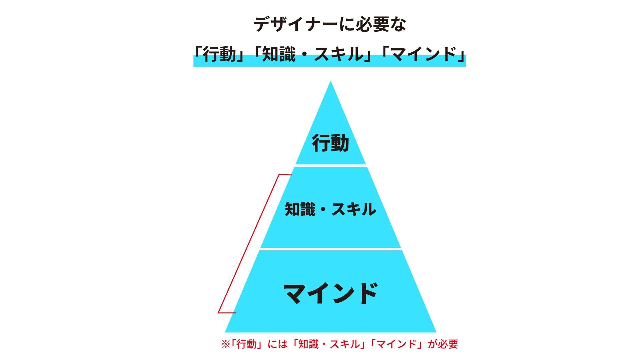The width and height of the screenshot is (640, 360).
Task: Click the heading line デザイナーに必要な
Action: coord(330,24)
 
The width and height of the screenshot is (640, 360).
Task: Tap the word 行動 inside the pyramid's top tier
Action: coord(330,143)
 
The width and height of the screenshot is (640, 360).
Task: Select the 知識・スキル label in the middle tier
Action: coord(330,209)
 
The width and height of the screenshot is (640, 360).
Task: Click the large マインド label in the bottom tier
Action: coord(330,293)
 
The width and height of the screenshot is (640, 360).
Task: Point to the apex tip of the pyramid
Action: coord(331,82)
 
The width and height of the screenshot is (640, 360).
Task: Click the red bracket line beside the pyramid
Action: coord(249,243)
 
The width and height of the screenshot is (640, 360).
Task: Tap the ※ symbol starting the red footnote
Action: coord(226,344)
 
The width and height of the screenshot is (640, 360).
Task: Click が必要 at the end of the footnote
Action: coord(443,344)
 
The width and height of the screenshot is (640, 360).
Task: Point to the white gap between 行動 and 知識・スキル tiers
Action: coord(330,166)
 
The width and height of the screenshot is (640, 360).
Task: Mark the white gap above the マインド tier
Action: coord(330,249)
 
